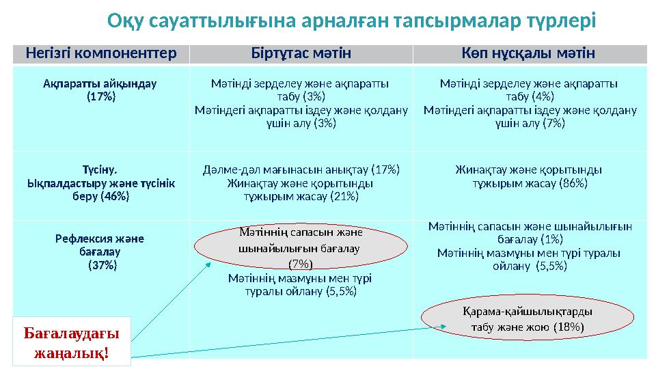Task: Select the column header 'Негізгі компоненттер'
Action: tap(100, 53)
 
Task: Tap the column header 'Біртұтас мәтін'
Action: tap(301, 53)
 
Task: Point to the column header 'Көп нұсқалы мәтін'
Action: tap(530, 53)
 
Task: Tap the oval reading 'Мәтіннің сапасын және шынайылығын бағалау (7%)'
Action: tap(301, 247)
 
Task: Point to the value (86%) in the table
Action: tap(573, 183)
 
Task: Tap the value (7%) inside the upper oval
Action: tap(300, 263)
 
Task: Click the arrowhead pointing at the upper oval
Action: tap(211, 264)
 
